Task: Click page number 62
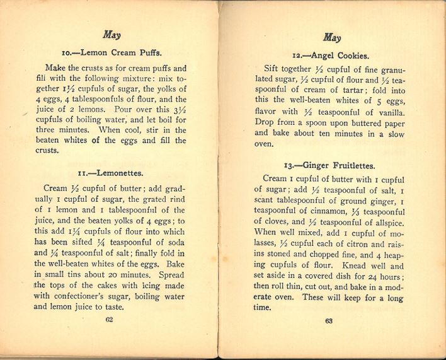click(109, 320)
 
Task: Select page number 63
click(328, 321)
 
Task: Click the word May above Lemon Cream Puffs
click(111, 35)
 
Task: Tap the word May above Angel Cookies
click(331, 37)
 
